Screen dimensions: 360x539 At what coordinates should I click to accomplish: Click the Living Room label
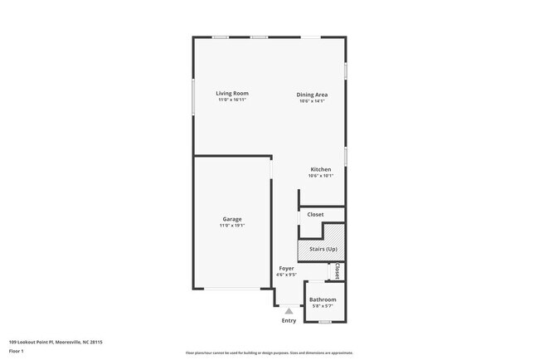tap(232, 94)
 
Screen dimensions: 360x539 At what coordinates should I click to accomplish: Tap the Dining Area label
tap(312, 95)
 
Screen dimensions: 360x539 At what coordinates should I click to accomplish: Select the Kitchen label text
tap(320, 169)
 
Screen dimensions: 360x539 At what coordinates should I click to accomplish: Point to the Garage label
tap(232, 219)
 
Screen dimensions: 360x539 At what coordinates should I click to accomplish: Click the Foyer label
tap(286, 268)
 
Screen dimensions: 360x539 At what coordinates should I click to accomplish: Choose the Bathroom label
tap(323, 299)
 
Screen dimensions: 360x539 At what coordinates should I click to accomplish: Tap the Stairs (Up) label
tap(321, 248)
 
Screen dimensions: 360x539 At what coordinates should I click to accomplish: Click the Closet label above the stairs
tap(315, 214)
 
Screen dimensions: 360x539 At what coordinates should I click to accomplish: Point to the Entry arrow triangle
tap(289, 311)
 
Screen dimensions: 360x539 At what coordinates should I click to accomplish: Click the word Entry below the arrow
tap(289, 320)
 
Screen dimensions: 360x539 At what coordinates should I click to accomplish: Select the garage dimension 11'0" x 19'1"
tap(232, 225)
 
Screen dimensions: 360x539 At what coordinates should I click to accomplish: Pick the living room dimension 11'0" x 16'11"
tap(232, 100)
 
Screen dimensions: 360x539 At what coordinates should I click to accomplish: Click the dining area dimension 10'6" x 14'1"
tap(312, 100)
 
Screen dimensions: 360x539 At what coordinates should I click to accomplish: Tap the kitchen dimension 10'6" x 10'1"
tap(320, 175)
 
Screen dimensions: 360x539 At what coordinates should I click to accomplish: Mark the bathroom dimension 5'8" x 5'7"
tap(323, 306)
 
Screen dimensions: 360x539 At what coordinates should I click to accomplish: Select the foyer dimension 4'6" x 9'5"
tap(286, 275)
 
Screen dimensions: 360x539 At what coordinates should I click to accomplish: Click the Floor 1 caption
tap(17, 351)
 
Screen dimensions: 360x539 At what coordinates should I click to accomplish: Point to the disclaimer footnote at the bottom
tap(269, 353)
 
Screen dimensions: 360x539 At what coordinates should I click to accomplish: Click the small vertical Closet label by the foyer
tap(337, 271)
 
